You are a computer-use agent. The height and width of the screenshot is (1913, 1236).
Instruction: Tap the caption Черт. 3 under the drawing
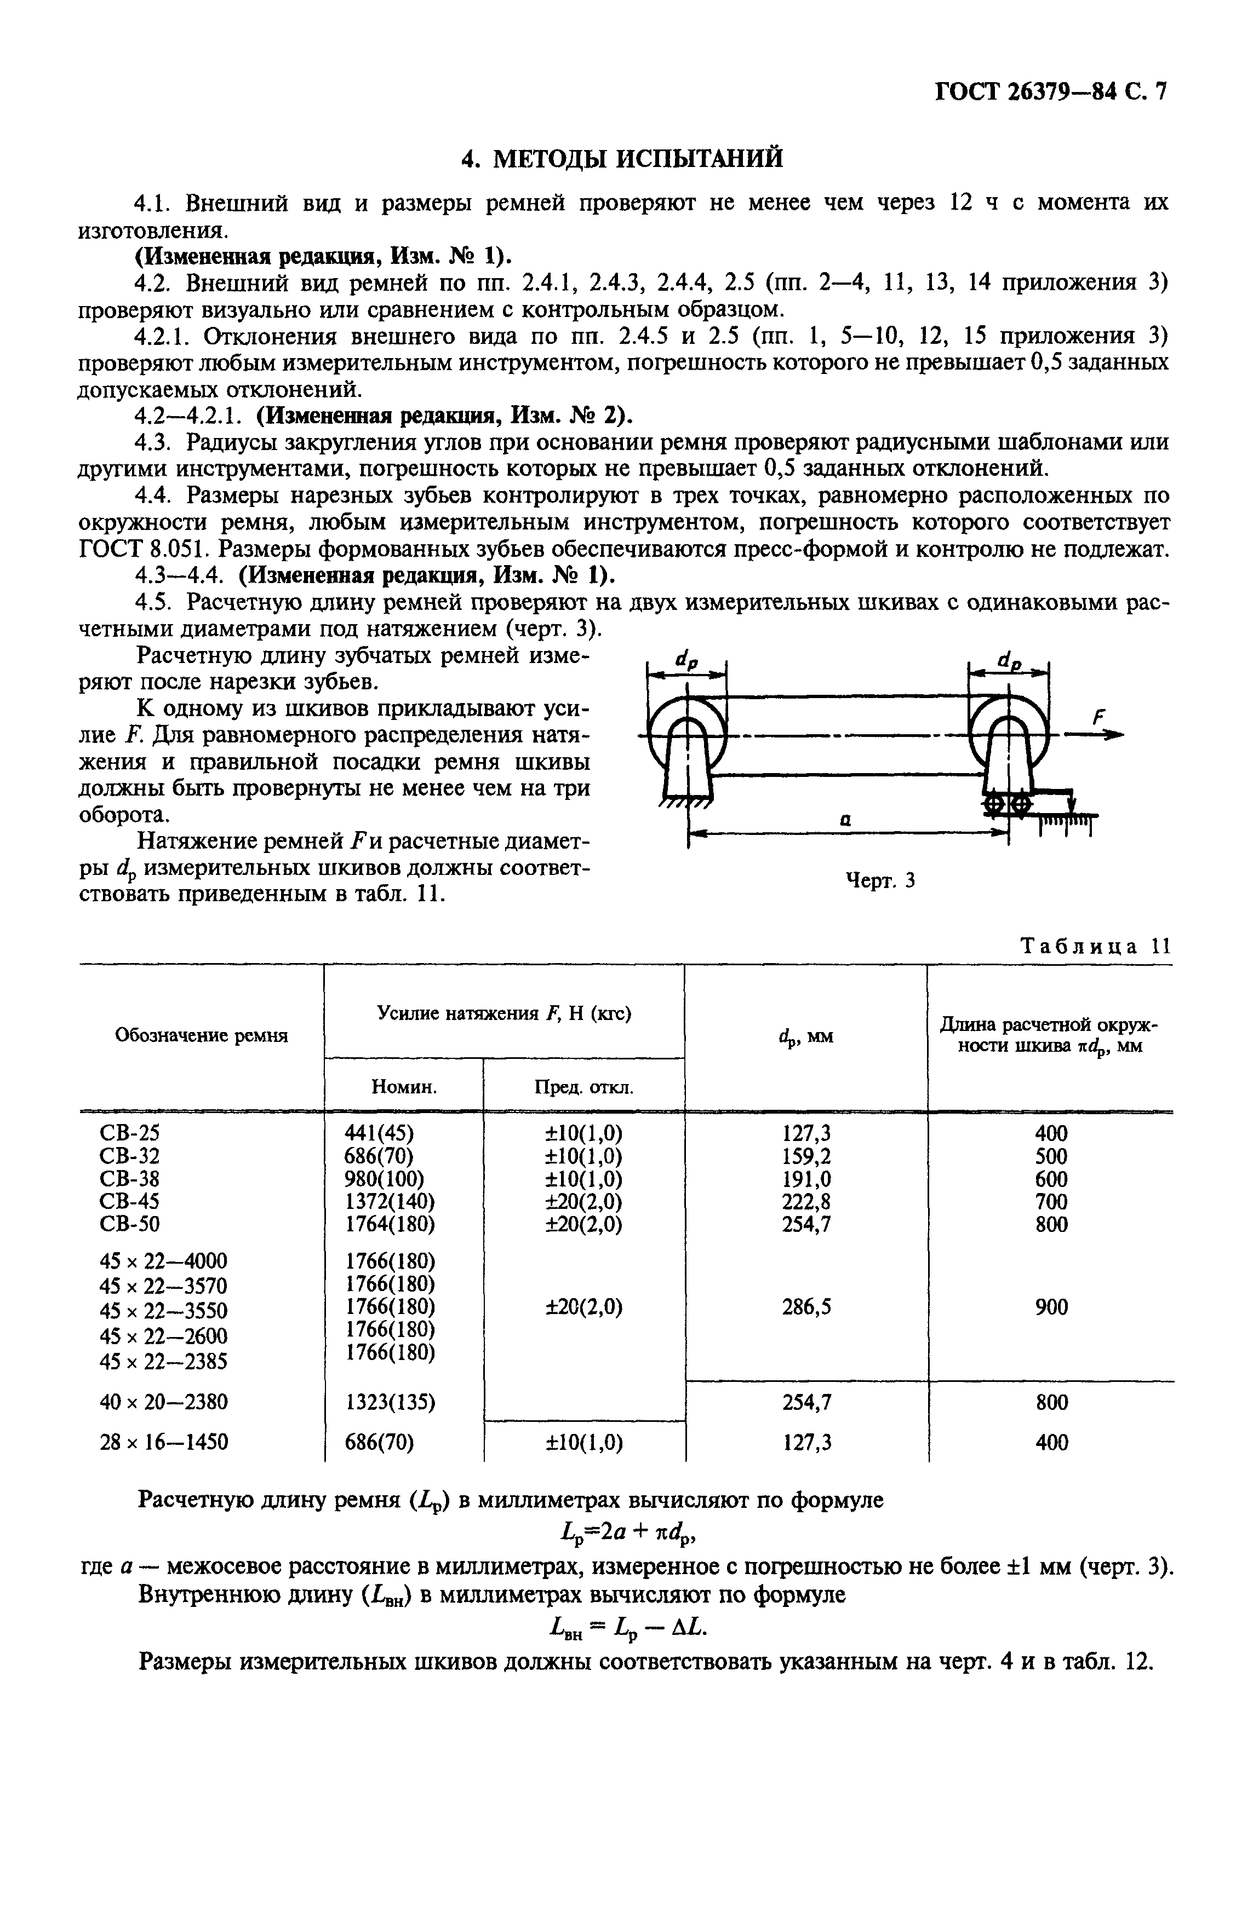tap(880, 881)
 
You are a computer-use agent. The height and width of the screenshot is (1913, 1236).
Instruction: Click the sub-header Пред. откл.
tap(583, 1088)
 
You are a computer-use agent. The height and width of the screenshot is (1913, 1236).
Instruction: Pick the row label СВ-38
tap(129, 1178)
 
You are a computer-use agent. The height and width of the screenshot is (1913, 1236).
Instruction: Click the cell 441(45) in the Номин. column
tap(379, 1133)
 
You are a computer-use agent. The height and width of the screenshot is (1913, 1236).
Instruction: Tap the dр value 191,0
tap(806, 1178)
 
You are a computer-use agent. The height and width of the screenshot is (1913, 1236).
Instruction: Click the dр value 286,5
tap(806, 1307)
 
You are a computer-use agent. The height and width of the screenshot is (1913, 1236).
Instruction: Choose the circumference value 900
tap(1051, 1307)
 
